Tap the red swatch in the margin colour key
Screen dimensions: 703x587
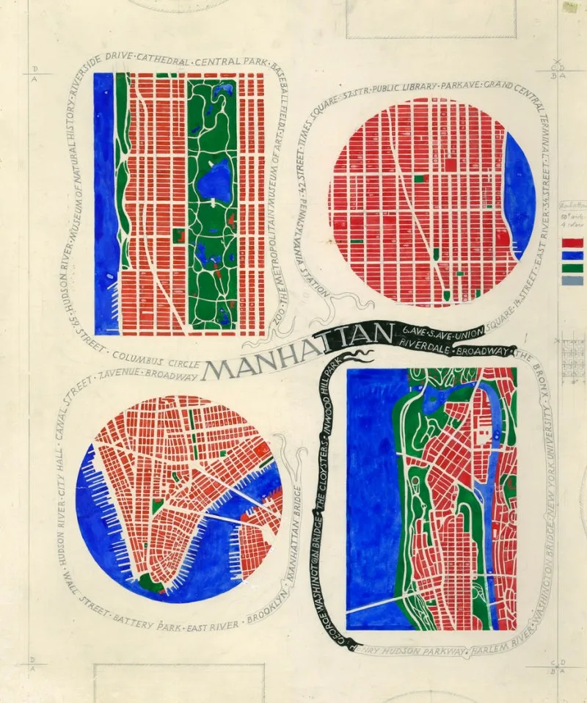click(572, 242)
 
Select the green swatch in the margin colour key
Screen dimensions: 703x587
click(572, 268)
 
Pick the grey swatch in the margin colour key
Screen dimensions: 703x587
click(572, 280)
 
